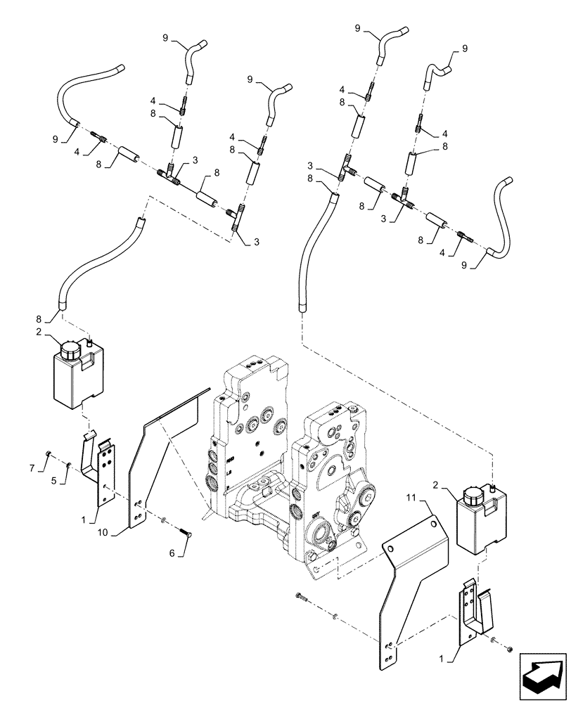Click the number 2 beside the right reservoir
[437, 485]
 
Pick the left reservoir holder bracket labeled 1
[103, 471]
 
